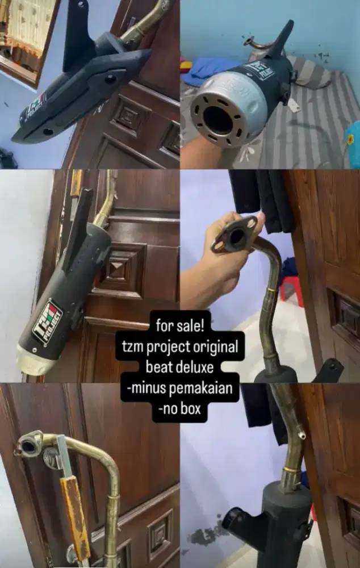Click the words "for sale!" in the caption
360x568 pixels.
[x=180, y=325]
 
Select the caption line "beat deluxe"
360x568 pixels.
[x=179, y=367]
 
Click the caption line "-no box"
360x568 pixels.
[x=179, y=409]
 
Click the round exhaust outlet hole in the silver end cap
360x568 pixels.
[x=218, y=120]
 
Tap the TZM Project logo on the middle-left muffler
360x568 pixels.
[x=48, y=321]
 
